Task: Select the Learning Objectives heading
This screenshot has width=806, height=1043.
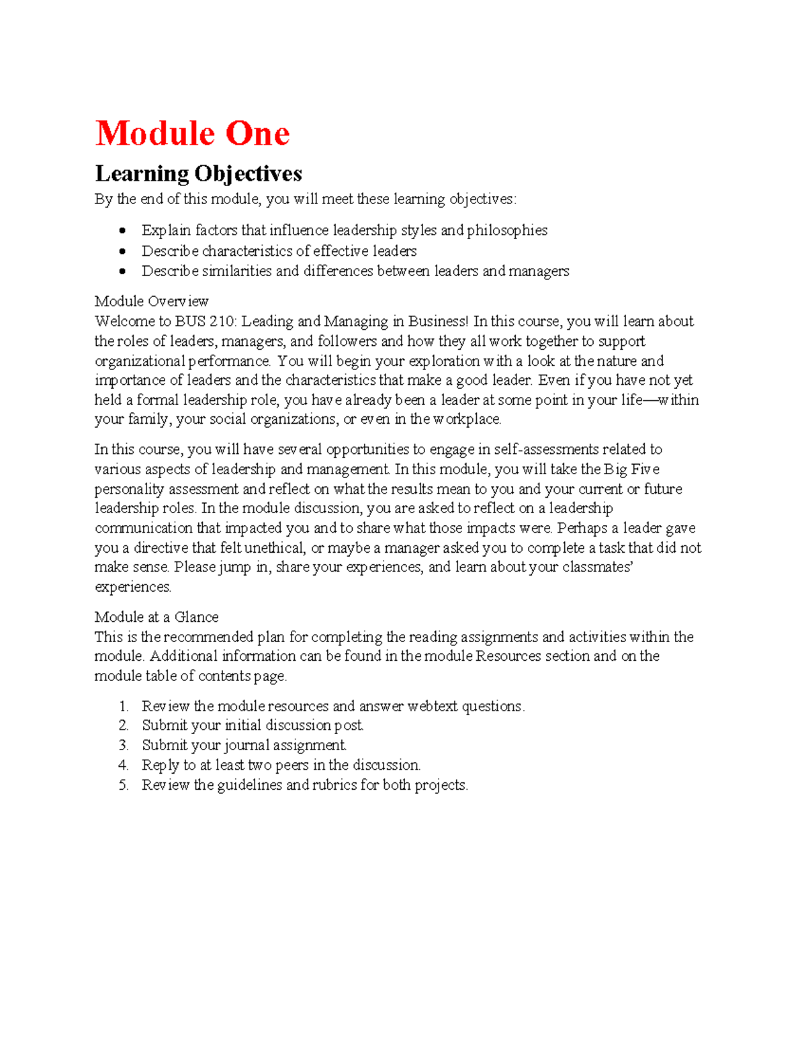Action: (x=198, y=173)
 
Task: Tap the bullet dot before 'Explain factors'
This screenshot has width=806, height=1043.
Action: (x=122, y=231)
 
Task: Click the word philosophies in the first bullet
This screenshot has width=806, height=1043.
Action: (x=507, y=230)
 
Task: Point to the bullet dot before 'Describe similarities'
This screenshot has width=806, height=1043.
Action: (x=122, y=271)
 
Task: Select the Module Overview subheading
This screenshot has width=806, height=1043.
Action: (x=151, y=301)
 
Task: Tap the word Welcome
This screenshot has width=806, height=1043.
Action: (x=124, y=321)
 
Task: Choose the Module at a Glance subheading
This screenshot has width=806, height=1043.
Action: (x=156, y=617)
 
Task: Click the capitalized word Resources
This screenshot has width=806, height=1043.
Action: (x=508, y=656)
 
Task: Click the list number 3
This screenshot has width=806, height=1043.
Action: (x=123, y=745)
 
